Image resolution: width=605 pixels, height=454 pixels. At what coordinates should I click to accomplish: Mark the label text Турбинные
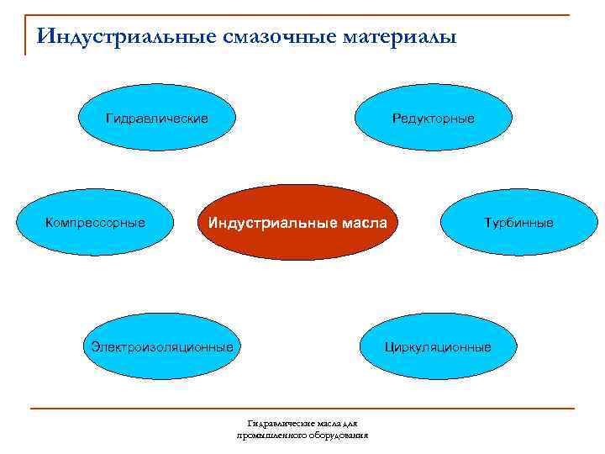(x=518, y=223)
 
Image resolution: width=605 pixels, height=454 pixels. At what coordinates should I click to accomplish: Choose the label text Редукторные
(x=433, y=119)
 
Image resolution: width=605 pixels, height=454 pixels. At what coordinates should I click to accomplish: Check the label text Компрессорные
(x=95, y=223)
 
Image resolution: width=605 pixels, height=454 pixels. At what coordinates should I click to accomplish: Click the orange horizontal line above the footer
(x=302, y=409)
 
